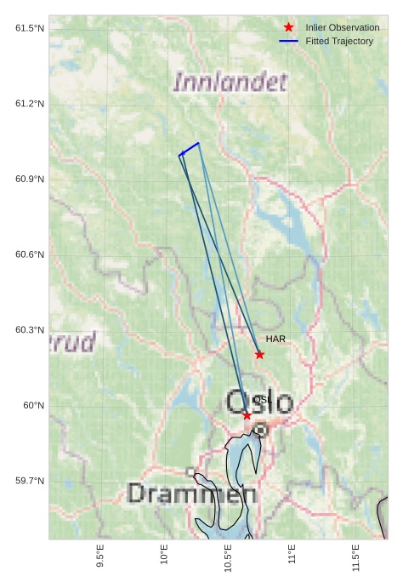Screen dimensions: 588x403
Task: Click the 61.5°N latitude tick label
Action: point(30,29)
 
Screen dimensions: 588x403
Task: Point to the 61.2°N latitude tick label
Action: point(30,104)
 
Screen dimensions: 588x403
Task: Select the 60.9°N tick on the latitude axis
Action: point(30,180)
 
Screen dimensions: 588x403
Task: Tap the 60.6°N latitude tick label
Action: point(30,255)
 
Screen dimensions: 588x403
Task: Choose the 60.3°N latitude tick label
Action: point(30,330)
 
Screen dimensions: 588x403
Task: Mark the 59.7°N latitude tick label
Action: point(30,482)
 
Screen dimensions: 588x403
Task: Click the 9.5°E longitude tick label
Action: point(100,555)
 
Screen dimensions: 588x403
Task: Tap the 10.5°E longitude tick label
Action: point(228,555)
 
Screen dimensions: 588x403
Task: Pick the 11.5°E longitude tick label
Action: point(355,555)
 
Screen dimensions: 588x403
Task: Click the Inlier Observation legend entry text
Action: point(343,28)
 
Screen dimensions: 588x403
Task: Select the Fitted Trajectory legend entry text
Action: point(339,42)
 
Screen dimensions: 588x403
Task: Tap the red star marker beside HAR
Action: point(259,355)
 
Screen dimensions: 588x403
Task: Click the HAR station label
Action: point(275,340)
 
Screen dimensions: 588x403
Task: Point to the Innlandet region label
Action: point(230,83)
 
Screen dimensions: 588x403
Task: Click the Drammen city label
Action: point(191,494)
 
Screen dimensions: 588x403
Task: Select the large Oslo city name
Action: point(259,402)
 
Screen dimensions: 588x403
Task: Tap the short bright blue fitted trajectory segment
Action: point(190,149)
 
